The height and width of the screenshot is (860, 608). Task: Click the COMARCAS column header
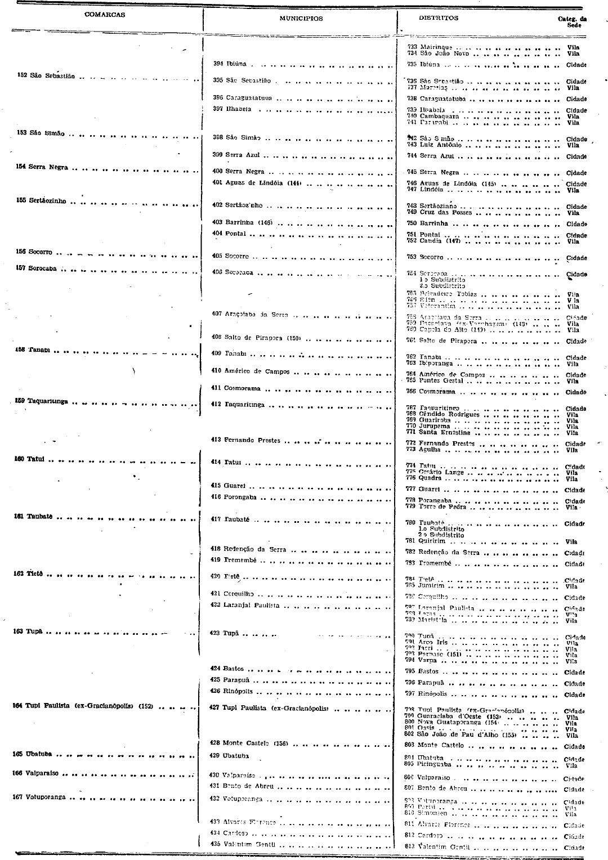pyautogui.click(x=105, y=15)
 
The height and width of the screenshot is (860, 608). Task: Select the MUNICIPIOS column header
pyautogui.click(x=301, y=19)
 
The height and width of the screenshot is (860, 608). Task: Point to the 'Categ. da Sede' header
pyautogui.click(x=572, y=21)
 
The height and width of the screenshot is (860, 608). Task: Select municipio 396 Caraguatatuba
pyautogui.click(x=243, y=98)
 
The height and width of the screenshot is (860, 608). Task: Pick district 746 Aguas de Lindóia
pyautogui.click(x=448, y=183)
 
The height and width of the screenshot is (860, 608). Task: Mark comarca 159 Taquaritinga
pyautogui.click(x=41, y=401)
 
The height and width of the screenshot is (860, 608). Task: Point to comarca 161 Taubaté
pyautogui.click(x=36, y=517)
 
